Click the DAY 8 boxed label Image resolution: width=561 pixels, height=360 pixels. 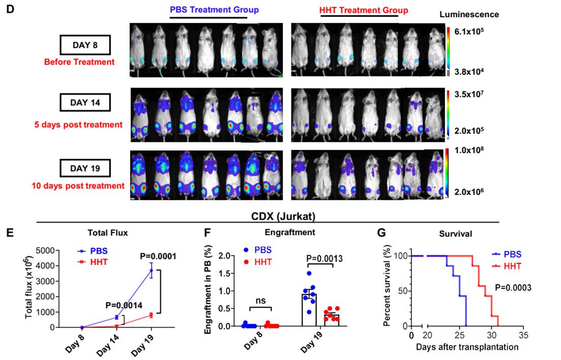point(85,45)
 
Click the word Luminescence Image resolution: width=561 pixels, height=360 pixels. point(469,15)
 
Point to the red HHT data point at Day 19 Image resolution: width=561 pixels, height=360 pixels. point(151,315)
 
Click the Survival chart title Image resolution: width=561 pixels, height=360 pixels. point(456,235)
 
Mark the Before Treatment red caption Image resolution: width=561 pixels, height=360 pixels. point(79,63)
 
